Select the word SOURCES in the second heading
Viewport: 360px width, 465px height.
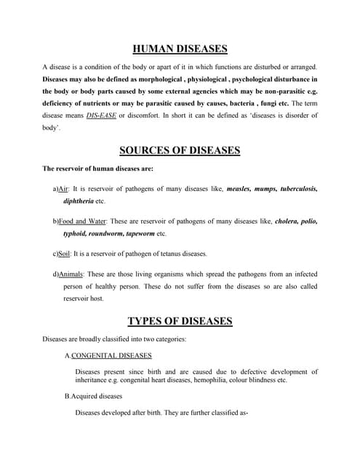click(146, 151)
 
